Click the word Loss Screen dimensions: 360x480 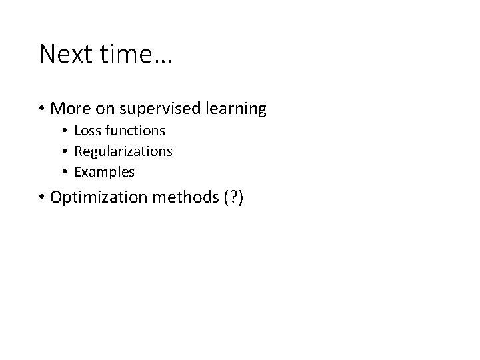[x=87, y=131]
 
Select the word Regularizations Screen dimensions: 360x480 [x=123, y=151]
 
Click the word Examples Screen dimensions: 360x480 [x=105, y=172]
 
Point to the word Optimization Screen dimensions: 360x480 [x=93, y=198]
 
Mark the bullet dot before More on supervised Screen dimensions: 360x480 [x=42, y=109]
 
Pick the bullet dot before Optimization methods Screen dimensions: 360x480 [x=42, y=198]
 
